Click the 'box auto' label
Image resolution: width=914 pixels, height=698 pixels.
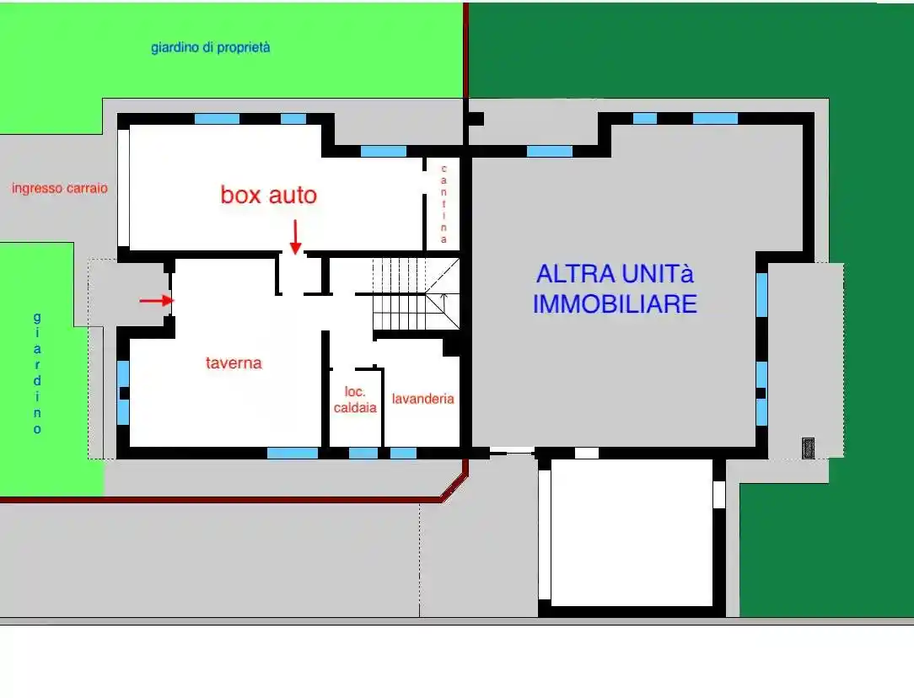[x=269, y=196]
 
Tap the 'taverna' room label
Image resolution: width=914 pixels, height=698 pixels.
[x=234, y=363]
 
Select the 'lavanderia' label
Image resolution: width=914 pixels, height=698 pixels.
[x=422, y=399]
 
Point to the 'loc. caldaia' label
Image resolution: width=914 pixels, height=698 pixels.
[x=355, y=400]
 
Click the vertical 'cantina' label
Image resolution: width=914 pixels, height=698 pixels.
[x=444, y=204]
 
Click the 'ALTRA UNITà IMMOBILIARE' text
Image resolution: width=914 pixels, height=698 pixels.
[x=615, y=288]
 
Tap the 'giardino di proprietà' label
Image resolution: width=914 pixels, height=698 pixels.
[x=211, y=48]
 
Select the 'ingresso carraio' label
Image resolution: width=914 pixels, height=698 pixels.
[x=60, y=188]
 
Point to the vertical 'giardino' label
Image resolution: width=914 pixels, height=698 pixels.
[x=37, y=373]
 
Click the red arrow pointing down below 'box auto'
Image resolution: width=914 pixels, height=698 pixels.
[x=295, y=236]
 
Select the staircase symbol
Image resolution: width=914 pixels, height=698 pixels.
[x=415, y=295]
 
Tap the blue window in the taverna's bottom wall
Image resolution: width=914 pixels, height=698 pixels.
[x=293, y=453]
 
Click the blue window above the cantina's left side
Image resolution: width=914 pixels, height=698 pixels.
[x=384, y=152]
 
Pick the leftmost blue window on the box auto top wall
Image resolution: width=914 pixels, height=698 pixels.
[x=217, y=119]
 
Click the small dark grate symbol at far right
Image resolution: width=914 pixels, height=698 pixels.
[x=808, y=447]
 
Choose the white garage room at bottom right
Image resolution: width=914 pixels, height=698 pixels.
[x=632, y=531]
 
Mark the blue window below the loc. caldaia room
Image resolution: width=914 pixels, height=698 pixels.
[x=363, y=453]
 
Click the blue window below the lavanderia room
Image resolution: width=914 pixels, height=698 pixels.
[x=403, y=453]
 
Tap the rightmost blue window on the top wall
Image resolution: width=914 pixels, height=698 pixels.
[x=715, y=119]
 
